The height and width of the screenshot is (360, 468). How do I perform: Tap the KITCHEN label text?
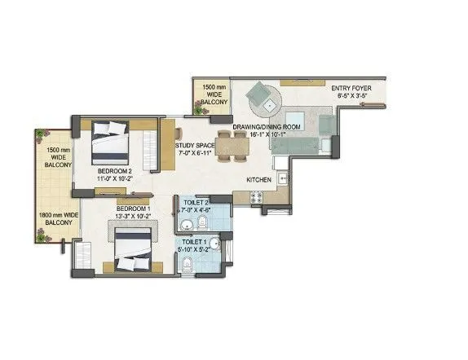258,180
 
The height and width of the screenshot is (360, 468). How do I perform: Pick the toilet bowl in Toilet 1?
187,264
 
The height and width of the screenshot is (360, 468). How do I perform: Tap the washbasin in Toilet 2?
187,225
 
